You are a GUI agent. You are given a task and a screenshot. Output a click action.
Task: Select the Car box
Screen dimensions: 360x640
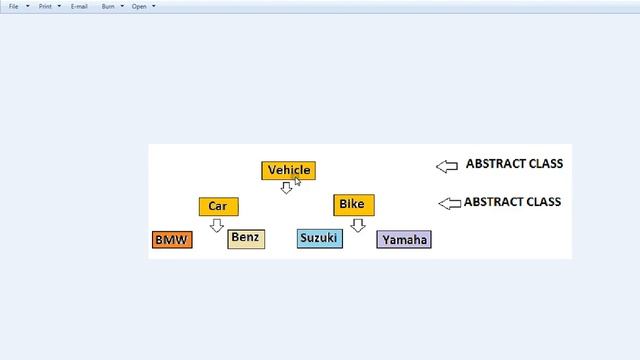(x=218, y=207)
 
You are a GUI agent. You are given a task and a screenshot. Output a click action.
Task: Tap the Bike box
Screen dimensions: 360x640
(x=353, y=205)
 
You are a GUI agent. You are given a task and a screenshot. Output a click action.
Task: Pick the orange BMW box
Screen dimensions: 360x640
(x=171, y=240)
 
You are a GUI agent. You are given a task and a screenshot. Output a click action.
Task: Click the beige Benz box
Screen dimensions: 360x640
(x=246, y=238)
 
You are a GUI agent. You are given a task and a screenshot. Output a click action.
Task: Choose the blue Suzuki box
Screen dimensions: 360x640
(x=319, y=238)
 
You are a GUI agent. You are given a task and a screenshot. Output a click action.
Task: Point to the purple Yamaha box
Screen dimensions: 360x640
(x=404, y=240)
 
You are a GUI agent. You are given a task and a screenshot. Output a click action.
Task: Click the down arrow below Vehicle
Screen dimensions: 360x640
(x=286, y=187)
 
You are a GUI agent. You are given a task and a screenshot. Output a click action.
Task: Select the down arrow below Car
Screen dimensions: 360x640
(x=217, y=225)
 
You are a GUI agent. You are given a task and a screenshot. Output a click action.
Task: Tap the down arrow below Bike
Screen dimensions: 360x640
(x=358, y=225)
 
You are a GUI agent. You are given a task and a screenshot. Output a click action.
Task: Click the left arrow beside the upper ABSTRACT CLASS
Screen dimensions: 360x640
(x=446, y=165)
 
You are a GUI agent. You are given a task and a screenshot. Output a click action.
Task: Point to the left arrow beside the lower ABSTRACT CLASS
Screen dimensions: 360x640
(x=449, y=203)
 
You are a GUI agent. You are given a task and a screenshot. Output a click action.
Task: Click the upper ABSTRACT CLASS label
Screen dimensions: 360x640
(x=514, y=163)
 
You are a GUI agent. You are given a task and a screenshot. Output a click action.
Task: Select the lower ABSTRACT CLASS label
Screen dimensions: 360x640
(x=513, y=202)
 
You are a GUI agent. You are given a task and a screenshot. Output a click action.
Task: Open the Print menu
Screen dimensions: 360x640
(x=48, y=6)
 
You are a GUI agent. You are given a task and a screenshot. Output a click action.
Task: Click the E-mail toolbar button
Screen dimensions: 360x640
(x=79, y=6)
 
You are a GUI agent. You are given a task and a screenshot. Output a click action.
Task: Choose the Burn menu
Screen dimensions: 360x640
(x=110, y=6)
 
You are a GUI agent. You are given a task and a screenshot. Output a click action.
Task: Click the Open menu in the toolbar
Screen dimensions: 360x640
(x=142, y=6)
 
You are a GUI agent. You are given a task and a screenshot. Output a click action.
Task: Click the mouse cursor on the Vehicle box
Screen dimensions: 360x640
(x=297, y=181)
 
